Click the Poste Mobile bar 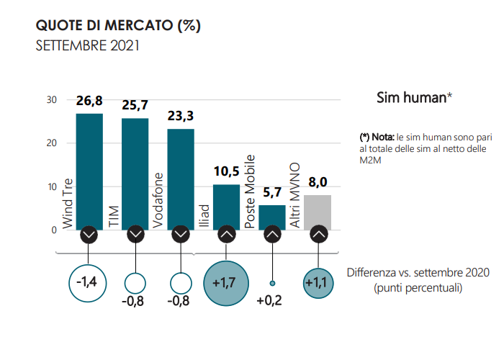click(271, 217)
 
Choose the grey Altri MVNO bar click(318, 212)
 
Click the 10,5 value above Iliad click(226, 174)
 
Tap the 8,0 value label click(318, 184)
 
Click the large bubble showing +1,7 click(225, 281)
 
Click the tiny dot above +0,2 click(272, 283)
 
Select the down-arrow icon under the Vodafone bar click(180, 235)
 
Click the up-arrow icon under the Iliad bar click(226, 235)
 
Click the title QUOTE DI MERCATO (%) click(117, 26)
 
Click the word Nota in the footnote click(383, 137)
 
